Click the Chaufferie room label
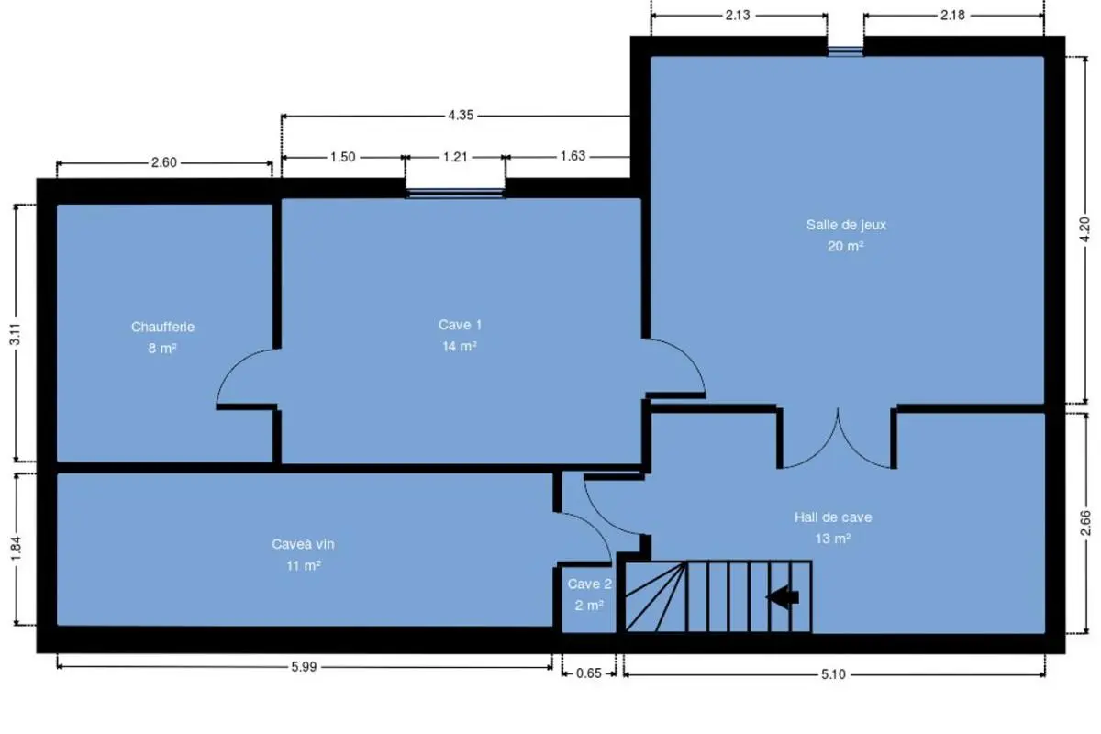point(162,327)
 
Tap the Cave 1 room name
point(460,325)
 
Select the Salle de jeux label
point(846,225)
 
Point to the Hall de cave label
point(833,517)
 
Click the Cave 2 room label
point(589,584)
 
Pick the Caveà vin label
point(303,544)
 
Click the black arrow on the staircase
point(783,597)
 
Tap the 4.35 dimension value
point(461,115)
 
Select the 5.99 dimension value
point(304,667)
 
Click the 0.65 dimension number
point(588,673)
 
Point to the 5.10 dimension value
point(833,674)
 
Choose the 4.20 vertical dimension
point(1084,229)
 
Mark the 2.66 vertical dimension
point(1085,523)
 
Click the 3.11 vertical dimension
point(16,334)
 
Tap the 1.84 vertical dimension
point(16,548)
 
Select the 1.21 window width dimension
point(455,157)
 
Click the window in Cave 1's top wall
point(455,194)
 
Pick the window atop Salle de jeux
point(845,51)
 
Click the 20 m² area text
point(845,246)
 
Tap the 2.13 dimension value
point(738,16)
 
